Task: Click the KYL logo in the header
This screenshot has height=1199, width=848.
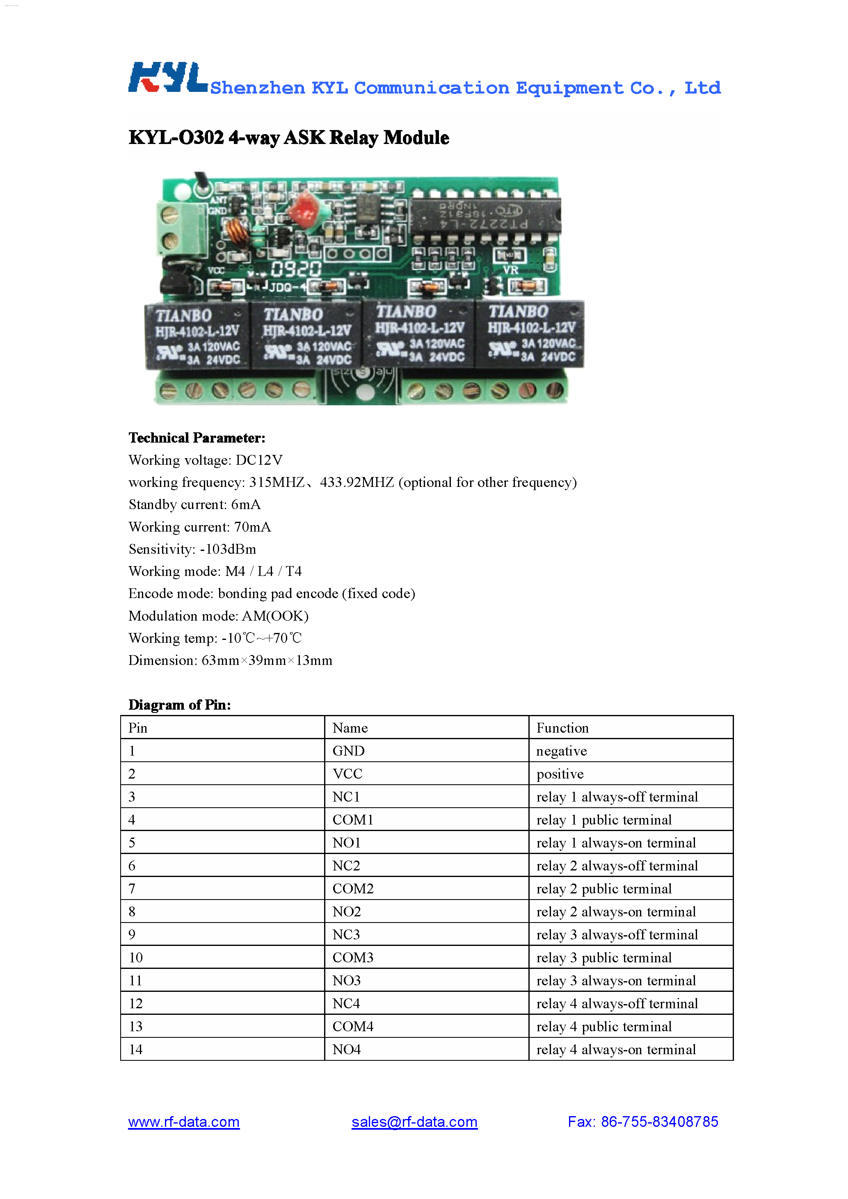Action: click(x=168, y=78)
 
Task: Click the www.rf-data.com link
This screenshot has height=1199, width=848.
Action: click(x=184, y=1122)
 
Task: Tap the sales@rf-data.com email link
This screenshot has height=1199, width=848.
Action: click(x=414, y=1122)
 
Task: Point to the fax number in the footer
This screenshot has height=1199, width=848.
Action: click(x=643, y=1122)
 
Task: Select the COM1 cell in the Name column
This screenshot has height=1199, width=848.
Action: click(x=353, y=820)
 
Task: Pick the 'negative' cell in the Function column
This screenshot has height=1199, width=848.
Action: click(x=561, y=751)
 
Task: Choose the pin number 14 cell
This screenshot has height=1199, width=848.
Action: click(x=136, y=1050)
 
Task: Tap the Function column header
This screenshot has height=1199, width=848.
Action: click(x=562, y=728)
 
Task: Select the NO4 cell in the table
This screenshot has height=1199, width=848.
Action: click(x=347, y=1050)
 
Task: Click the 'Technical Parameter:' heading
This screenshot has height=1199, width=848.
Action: click(x=197, y=438)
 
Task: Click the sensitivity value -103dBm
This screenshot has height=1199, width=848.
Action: click(x=228, y=549)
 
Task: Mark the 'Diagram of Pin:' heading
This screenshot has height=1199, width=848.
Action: click(x=180, y=705)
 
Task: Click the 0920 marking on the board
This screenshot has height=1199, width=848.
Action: click(x=295, y=269)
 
